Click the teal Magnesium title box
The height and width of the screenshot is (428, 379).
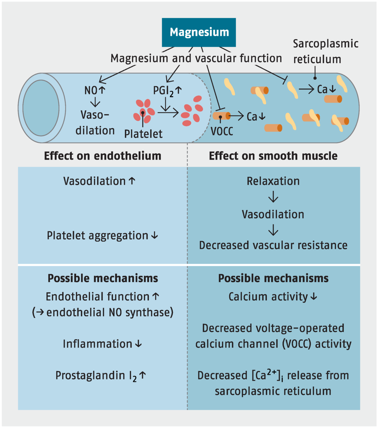[199, 32]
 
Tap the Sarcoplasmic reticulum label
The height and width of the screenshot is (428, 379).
[325, 51]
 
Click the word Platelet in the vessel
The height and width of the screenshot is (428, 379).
[143, 133]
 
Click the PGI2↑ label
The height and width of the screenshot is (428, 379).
[167, 91]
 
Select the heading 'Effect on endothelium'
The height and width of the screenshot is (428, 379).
[103, 156]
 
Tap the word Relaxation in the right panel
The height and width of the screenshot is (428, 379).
[273, 181]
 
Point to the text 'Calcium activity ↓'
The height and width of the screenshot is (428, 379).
[273, 296]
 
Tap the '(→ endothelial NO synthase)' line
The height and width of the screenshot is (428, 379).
[103, 312]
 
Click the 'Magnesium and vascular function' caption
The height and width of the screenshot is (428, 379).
[197, 58]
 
